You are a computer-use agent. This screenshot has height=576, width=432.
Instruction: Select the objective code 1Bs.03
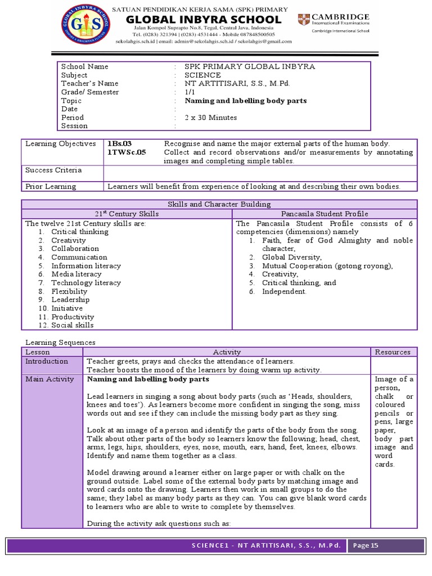click(x=119, y=144)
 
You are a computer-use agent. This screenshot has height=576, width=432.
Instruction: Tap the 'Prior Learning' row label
click(x=51, y=187)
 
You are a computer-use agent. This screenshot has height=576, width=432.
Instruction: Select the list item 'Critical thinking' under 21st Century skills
click(x=80, y=232)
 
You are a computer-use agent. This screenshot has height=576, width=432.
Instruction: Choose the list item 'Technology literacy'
click(x=86, y=283)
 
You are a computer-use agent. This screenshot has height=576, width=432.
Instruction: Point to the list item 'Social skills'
click(x=73, y=325)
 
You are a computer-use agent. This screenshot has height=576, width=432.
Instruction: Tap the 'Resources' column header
click(x=393, y=352)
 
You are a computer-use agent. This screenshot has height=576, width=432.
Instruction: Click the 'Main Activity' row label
click(x=49, y=379)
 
